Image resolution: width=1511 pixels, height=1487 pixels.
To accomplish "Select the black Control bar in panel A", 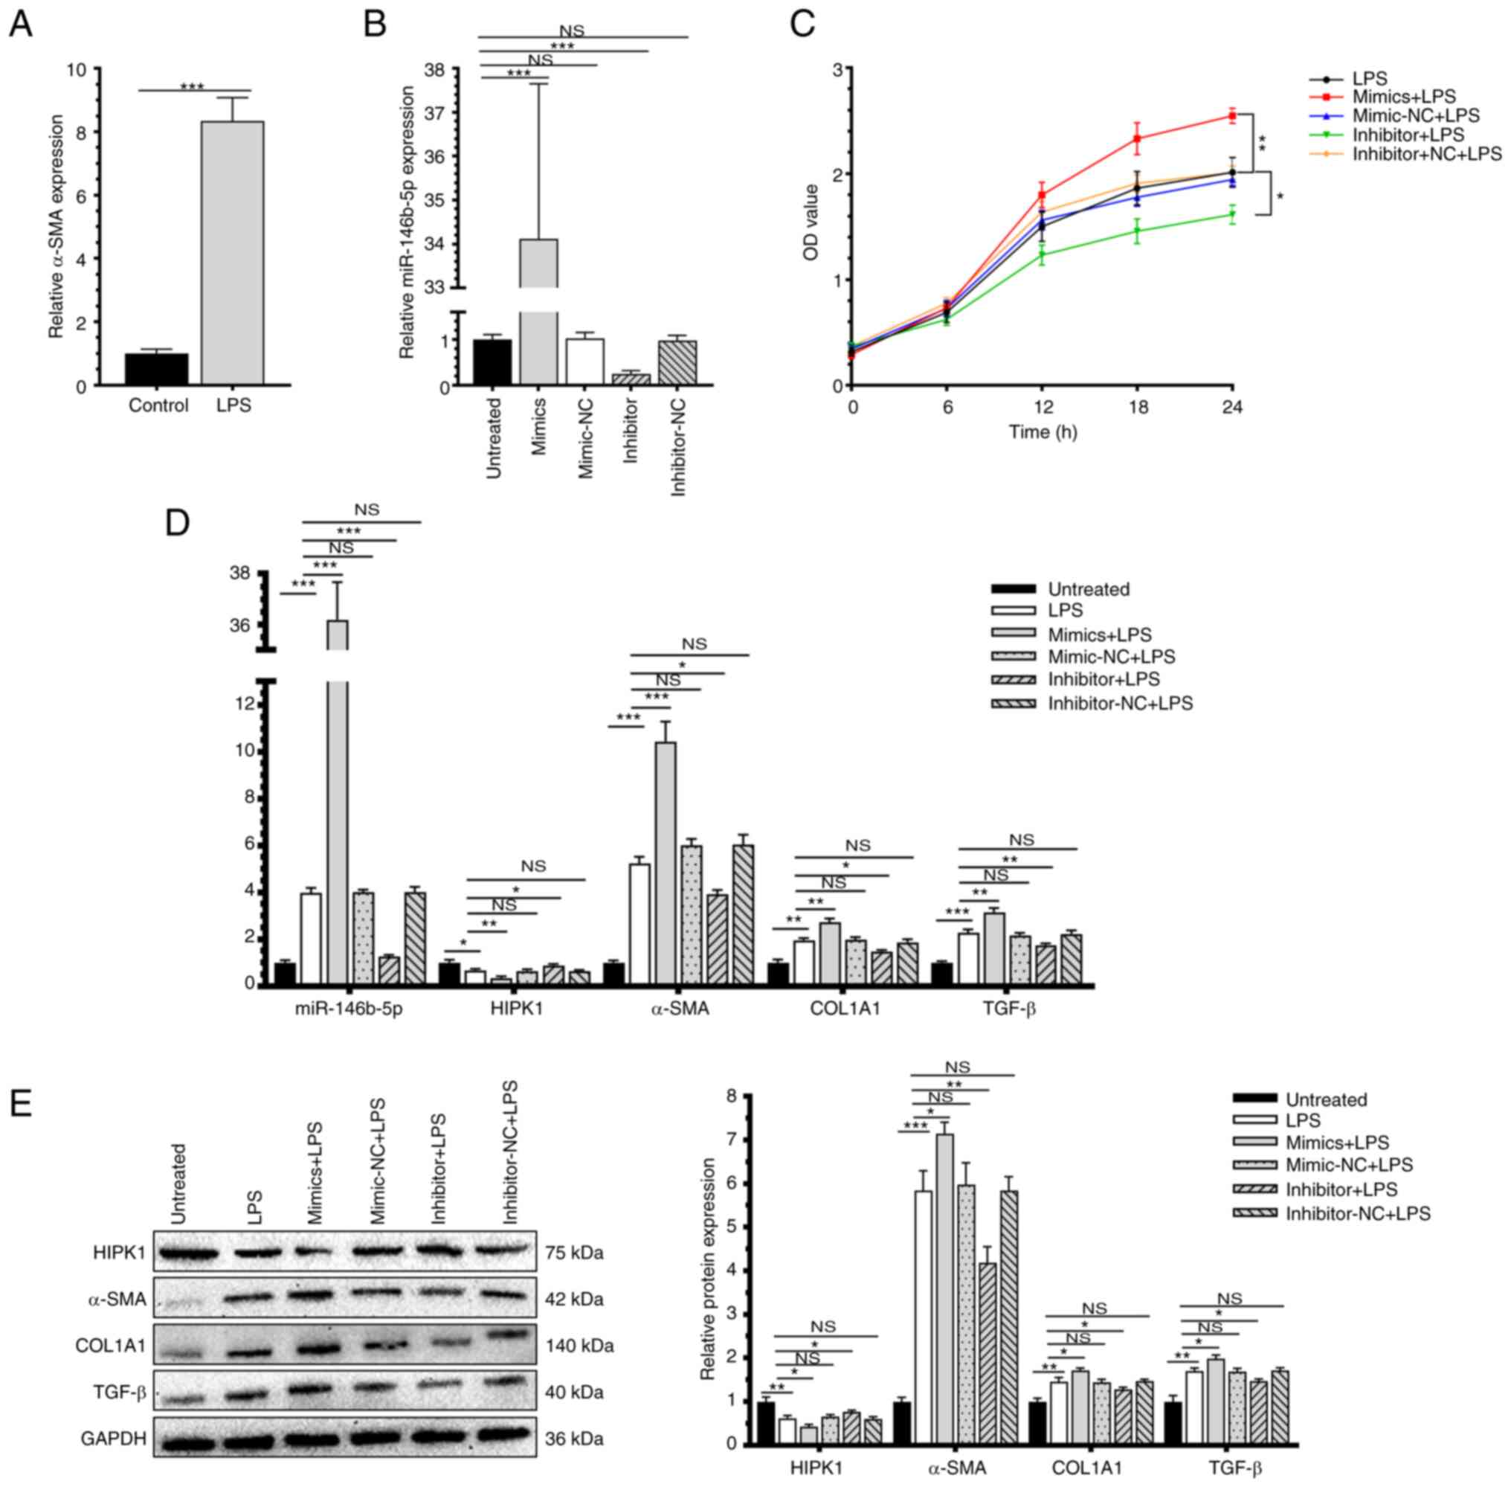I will pos(156,369).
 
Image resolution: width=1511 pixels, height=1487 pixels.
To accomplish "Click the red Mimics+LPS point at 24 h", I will pos(1232,116).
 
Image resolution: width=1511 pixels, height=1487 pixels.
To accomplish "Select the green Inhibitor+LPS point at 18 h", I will pos(1137,231).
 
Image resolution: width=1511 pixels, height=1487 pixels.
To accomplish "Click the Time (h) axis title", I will pos(1043,432).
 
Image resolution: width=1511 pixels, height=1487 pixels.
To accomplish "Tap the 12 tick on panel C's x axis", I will pos(1043,407).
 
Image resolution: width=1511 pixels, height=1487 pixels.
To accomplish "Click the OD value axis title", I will pos(811,222).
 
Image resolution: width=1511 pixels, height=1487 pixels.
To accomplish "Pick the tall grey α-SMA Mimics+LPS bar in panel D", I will pos(666,862).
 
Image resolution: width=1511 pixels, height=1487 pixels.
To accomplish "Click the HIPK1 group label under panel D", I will pos(516,1008).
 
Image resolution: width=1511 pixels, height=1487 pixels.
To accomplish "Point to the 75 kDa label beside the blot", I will pos(574,1253).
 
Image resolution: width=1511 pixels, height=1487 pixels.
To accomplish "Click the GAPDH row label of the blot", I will pos(113,1439).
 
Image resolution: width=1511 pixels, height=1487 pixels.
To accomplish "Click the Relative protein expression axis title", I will pos(708,1269).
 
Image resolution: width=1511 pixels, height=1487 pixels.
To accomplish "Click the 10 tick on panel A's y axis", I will pos(77,69).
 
